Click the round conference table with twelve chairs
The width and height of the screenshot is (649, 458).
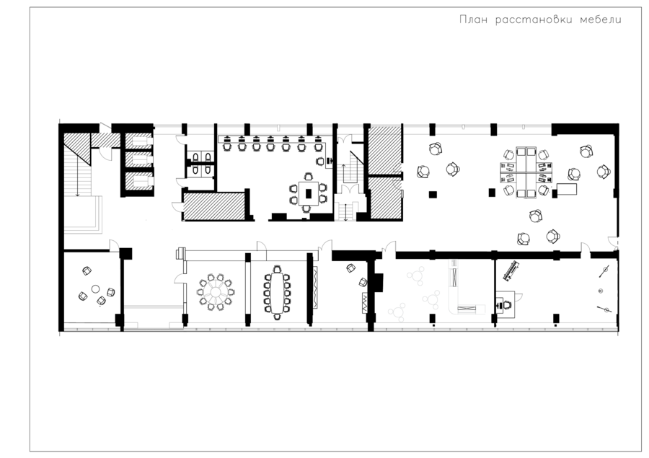point(216,292)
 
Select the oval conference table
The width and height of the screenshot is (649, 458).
point(276,292)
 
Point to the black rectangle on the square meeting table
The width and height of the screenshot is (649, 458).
point(309,193)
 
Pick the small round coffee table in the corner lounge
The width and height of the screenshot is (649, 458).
point(96,289)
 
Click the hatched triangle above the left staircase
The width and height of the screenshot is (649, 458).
point(77,149)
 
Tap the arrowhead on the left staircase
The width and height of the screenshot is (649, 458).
point(77,194)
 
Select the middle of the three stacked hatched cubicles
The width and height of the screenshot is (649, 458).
point(139,160)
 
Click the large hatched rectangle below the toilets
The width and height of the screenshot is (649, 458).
point(214,206)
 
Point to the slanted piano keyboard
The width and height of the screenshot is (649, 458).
point(511,270)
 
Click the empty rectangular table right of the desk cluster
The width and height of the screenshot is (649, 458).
point(567,189)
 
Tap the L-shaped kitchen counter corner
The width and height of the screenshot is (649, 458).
point(454,308)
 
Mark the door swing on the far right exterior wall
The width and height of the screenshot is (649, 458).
point(612,242)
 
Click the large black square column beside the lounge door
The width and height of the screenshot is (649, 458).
point(125,253)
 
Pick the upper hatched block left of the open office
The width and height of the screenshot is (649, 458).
point(385,149)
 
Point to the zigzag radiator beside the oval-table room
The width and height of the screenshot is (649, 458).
point(316,287)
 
